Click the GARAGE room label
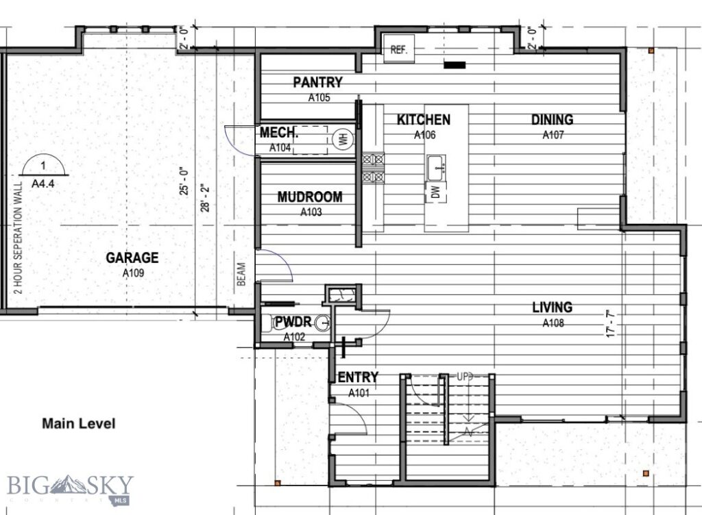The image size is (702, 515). [132, 258]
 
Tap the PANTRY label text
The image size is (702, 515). [317, 83]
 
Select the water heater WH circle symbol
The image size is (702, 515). [341, 140]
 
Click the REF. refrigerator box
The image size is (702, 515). [399, 49]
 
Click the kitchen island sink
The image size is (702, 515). [436, 166]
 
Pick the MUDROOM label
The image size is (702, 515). [310, 197]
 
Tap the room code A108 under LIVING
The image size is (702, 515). [553, 323]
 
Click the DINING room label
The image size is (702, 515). [552, 120]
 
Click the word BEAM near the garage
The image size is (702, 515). [241, 275]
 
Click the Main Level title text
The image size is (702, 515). [79, 424]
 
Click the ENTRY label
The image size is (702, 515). [358, 377]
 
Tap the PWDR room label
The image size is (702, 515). [293, 321]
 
